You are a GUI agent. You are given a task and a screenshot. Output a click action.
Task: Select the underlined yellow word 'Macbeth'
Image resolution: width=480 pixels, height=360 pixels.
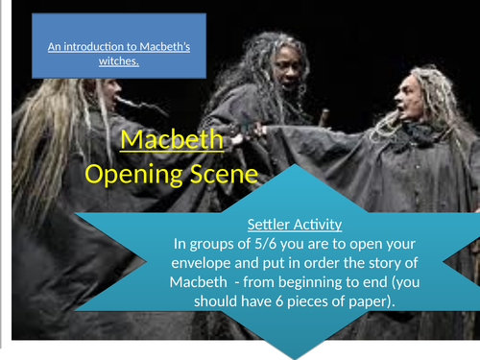point(173,144)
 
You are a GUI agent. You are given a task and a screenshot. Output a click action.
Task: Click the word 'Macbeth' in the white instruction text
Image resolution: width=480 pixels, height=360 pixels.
point(211,285)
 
